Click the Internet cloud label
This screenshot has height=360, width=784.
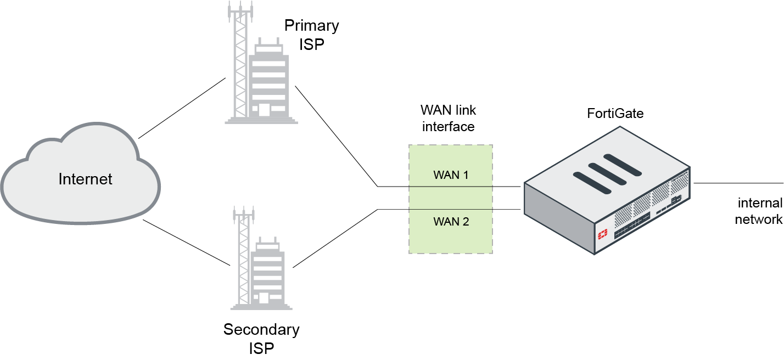pos(85,179)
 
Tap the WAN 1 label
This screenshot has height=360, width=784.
pos(451,176)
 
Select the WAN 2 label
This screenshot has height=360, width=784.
pos(451,222)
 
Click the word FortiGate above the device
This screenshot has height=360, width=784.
pos(615,114)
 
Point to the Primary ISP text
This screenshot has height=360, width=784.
pos(311,35)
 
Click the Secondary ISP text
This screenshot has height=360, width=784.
pos(261,339)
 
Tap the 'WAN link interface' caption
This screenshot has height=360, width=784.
pos(447,117)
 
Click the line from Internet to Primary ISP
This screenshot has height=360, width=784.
pos(182,108)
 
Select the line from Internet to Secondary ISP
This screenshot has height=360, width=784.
pos(186,242)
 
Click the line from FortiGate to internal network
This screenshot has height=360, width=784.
pos(738,183)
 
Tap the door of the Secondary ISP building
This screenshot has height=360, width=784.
pos(264,298)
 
